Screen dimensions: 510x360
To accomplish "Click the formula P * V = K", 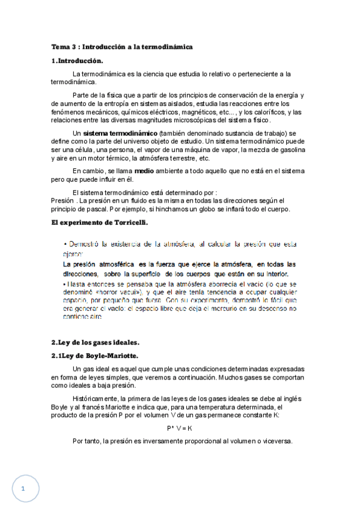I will (x=180, y=428).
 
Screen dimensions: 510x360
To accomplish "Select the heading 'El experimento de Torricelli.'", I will (x=99, y=223).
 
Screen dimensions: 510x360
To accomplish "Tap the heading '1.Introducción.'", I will (x=77, y=61).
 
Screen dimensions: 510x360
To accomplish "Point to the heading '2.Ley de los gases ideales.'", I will (x=96, y=343).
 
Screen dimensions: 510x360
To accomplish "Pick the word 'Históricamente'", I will (x=96, y=399).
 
